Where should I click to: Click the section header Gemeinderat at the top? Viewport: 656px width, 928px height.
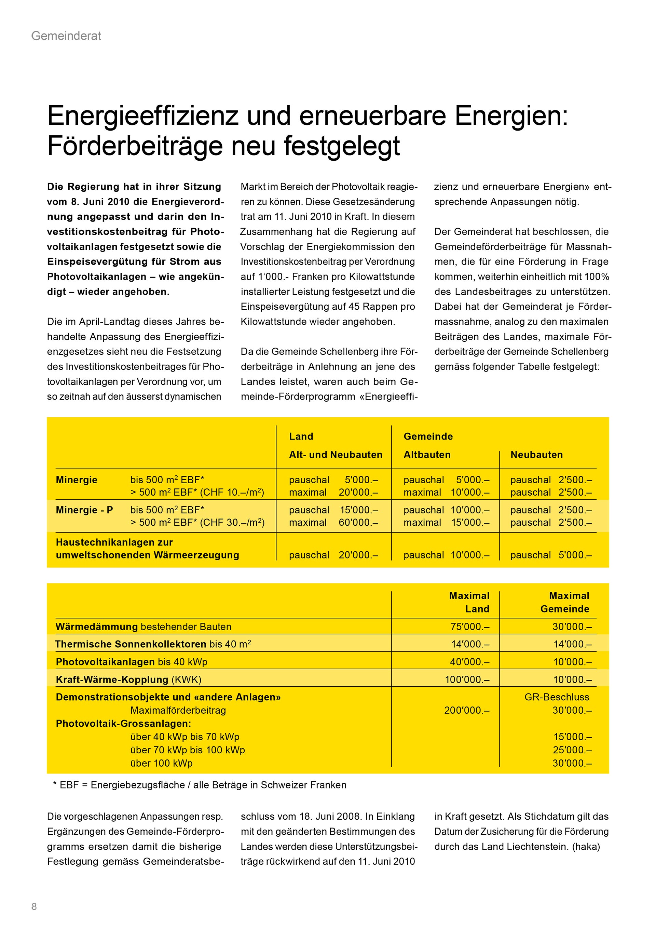click(x=66, y=36)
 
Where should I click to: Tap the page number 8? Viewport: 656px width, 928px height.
click(x=34, y=906)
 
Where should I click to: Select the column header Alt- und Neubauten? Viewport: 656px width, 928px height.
click(x=335, y=455)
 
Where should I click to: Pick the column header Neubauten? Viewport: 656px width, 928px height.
click(x=536, y=455)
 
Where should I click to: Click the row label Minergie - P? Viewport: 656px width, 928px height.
click(x=84, y=510)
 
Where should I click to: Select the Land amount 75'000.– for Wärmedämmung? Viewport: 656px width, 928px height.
click(x=470, y=627)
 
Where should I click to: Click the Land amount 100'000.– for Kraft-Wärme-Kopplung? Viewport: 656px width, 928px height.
click(x=467, y=680)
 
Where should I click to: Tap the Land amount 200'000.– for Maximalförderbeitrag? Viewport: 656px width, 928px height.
click(x=467, y=710)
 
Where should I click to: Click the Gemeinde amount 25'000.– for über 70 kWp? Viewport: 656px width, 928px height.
click(x=572, y=750)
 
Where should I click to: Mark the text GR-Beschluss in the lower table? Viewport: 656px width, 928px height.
click(x=557, y=697)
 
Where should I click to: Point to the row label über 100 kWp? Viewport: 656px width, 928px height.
click(x=161, y=763)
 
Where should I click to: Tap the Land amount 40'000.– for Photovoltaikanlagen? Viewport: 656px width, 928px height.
click(x=470, y=662)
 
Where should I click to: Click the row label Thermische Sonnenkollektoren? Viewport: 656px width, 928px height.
click(x=131, y=644)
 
